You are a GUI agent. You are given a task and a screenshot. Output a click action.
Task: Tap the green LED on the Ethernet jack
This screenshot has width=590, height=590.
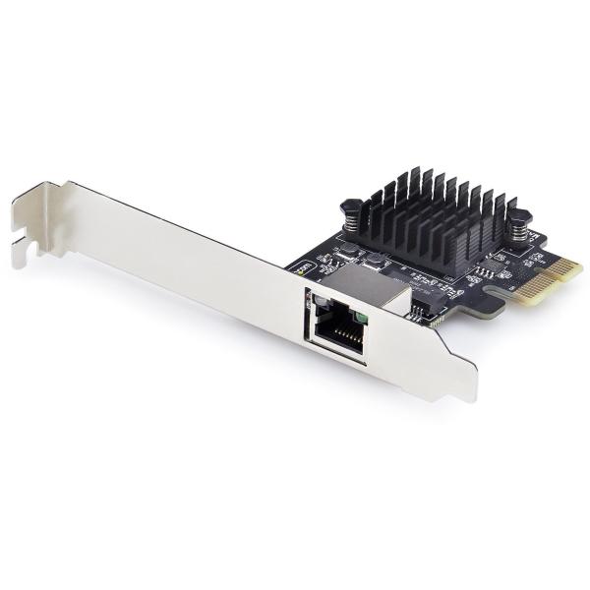[x=362, y=315]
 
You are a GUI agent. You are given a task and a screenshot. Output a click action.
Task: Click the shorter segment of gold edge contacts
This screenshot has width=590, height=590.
[x=571, y=265]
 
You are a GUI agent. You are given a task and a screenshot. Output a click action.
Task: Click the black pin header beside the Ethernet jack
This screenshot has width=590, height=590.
[x=419, y=314]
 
